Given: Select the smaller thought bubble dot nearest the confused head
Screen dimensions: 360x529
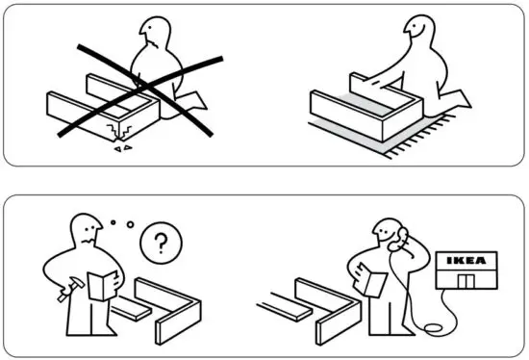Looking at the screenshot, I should click(x=113, y=224).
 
